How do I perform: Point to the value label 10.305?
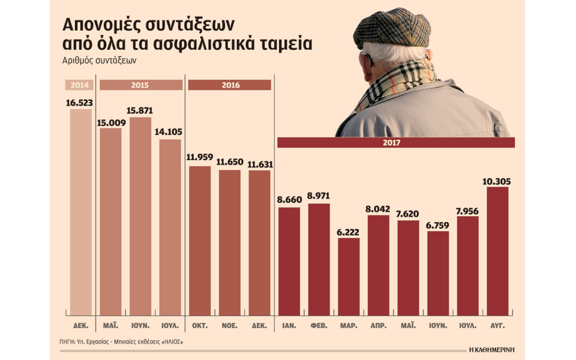497,181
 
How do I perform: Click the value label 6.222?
349,231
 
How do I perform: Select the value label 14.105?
169,133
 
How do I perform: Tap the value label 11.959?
200,158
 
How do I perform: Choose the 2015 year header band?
140,85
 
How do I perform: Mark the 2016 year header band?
229,85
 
